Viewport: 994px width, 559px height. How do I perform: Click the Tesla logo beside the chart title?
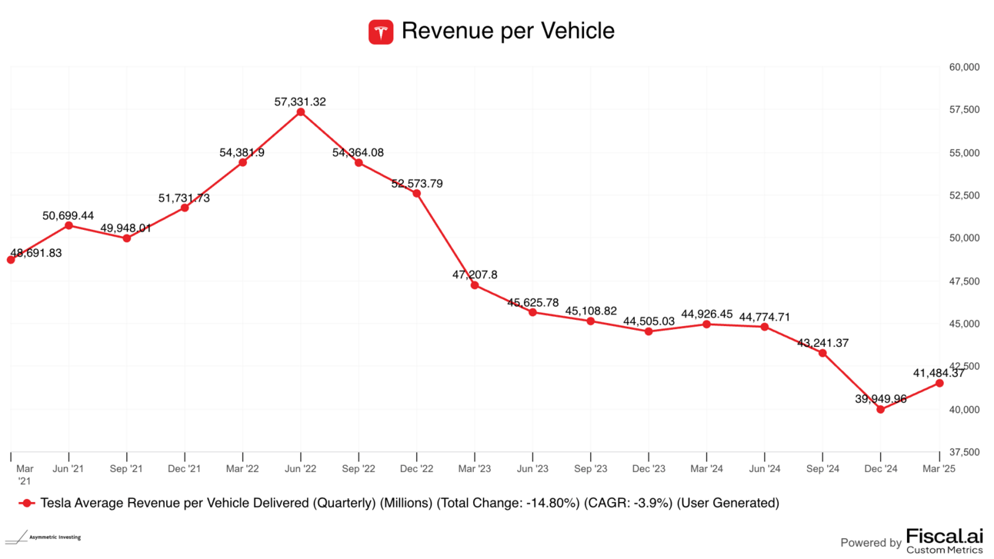pos(381,32)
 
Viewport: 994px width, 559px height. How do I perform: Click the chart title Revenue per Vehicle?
pos(508,32)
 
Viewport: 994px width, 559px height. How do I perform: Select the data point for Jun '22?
pos(301,112)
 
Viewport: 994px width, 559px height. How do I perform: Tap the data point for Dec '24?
pos(880,409)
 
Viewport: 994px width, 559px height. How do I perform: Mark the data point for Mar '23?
pos(475,285)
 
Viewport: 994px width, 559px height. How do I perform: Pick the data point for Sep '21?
pos(127,238)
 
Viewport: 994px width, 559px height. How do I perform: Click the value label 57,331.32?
pos(300,101)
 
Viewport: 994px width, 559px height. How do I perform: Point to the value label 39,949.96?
pos(880,398)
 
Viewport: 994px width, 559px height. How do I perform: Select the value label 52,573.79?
pos(416,184)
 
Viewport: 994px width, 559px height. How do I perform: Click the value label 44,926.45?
pos(706,314)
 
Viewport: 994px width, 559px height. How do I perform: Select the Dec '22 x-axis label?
pos(416,468)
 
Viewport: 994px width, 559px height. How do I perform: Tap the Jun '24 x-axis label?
pos(764,468)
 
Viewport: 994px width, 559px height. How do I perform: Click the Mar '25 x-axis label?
pos(938,468)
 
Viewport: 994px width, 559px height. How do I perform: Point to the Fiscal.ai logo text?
pos(945,537)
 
